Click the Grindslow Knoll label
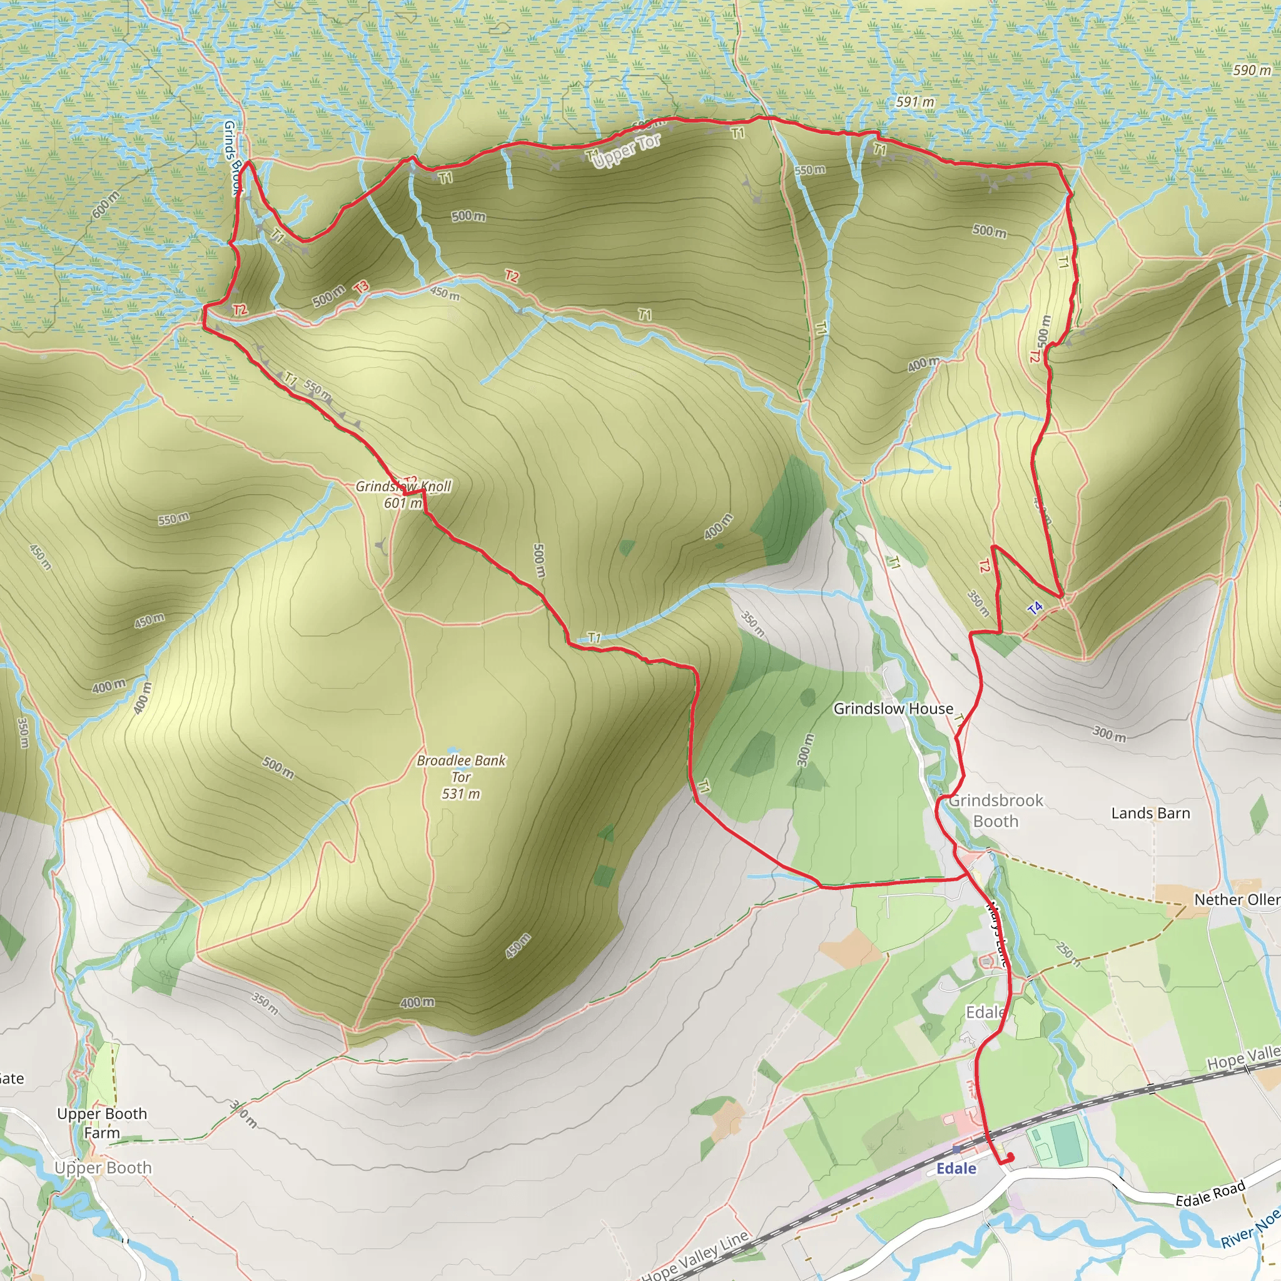click(403, 486)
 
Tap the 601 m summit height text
click(402, 504)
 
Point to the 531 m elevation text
click(461, 794)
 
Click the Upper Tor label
click(627, 151)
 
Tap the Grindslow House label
click(893, 709)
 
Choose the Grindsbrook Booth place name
click(995, 810)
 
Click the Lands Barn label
click(1150, 813)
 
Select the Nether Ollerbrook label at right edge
click(1237, 899)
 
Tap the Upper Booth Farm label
click(102, 1123)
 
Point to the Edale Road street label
click(1210, 1194)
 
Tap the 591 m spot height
click(915, 102)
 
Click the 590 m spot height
click(1252, 70)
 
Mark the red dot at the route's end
click(1010, 1158)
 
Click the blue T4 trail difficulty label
click(1035, 607)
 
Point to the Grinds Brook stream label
click(233, 158)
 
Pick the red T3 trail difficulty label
click(361, 287)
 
